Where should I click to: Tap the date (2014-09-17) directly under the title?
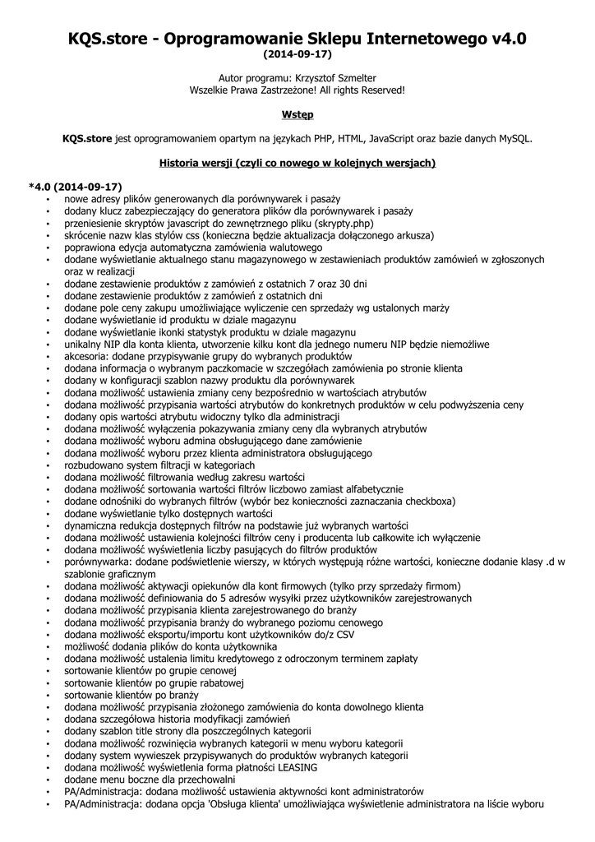tap(297, 55)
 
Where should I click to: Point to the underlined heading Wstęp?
tap(297, 113)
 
